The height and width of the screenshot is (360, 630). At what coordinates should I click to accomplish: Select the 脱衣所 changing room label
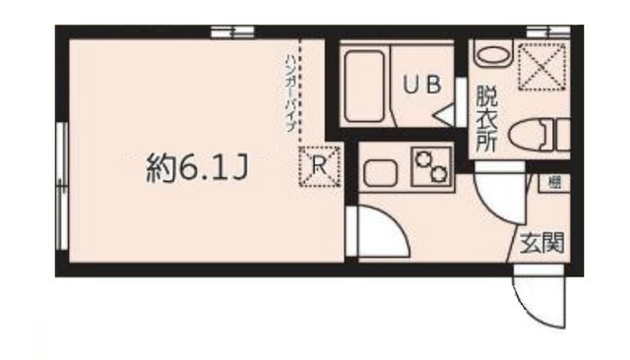486,118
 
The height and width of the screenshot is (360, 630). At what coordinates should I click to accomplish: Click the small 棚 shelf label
554,181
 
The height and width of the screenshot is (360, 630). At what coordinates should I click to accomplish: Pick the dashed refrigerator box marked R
318,167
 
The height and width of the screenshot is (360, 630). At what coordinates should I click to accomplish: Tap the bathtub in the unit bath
367,84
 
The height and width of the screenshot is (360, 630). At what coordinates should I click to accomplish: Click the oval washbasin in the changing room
492,55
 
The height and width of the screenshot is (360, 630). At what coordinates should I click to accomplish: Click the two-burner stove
430,167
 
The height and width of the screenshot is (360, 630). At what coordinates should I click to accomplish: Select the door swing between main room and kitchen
379,233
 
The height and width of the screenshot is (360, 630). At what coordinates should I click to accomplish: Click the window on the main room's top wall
232,32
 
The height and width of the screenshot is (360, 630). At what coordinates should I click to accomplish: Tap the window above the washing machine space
542,32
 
